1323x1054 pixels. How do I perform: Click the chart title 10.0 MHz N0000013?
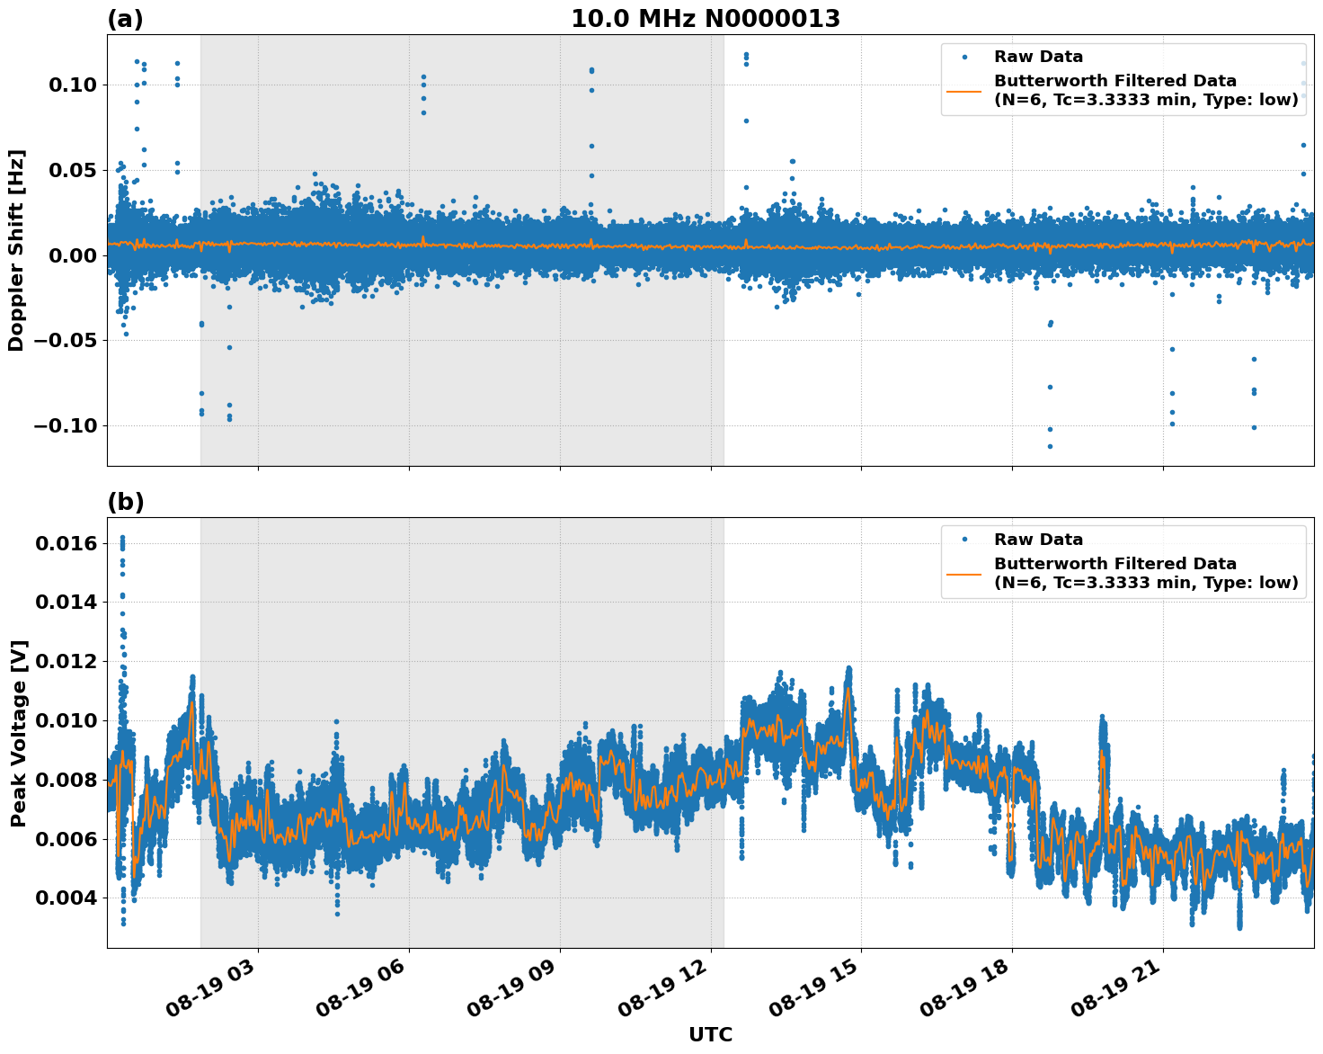pyautogui.click(x=706, y=19)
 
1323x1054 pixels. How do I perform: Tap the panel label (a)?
pyautogui.click(x=125, y=19)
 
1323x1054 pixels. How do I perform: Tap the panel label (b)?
pyautogui.click(x=125, y=502)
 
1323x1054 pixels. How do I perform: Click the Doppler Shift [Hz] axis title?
pyautogui.click(x=16, y=250)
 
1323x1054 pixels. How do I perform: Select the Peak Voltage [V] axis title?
pyautogui.click(x=18, y=733)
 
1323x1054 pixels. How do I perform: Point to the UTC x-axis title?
pyautogui.click(x=710, y=1034)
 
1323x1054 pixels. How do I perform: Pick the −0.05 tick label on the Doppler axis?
pyautogui.click(x=69, y=341)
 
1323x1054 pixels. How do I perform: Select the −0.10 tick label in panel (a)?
pyautogui.click(x=69, y=425)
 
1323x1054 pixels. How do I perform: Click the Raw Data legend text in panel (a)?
pyautogui.click(x=1038, y=58)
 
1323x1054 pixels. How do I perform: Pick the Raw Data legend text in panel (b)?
pyautogui.click(x=1038, y=540)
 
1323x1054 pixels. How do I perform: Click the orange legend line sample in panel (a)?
pyautogui.click(x=964, y=91)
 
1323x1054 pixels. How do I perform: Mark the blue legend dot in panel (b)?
pyautogui.click(x=964, y=540)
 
